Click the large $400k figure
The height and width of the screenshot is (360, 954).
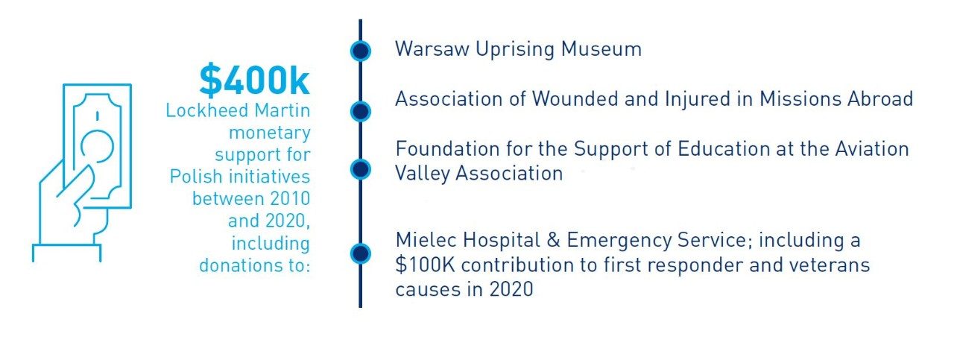[254, 81]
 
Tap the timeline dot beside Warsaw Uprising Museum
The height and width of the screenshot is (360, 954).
[361, 51]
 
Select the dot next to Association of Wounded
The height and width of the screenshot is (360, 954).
[361, 111]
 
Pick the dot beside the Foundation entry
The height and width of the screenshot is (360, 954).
[361, 168]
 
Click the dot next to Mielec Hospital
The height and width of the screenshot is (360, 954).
[361, 253]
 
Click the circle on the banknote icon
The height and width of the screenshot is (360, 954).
[98, 145]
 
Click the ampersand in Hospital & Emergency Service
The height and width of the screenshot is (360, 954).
[552, 241]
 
